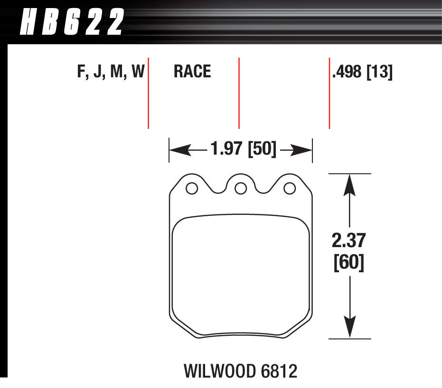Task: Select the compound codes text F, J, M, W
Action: coord(110,72)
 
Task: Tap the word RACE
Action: coord(192,72)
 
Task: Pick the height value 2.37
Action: coord(349,241)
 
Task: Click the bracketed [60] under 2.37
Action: coord(349,262)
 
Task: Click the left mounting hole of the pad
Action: coord(191,188)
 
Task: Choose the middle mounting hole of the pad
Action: coord(241,188)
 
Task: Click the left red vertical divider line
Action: coord(149,93)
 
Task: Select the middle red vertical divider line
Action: coord(239,93)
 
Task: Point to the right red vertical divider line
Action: coord(329,93)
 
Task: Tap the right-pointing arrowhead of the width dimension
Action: coord(304,150)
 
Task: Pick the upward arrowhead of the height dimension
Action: coord(350,183)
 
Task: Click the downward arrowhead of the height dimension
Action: coord(350,329)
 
